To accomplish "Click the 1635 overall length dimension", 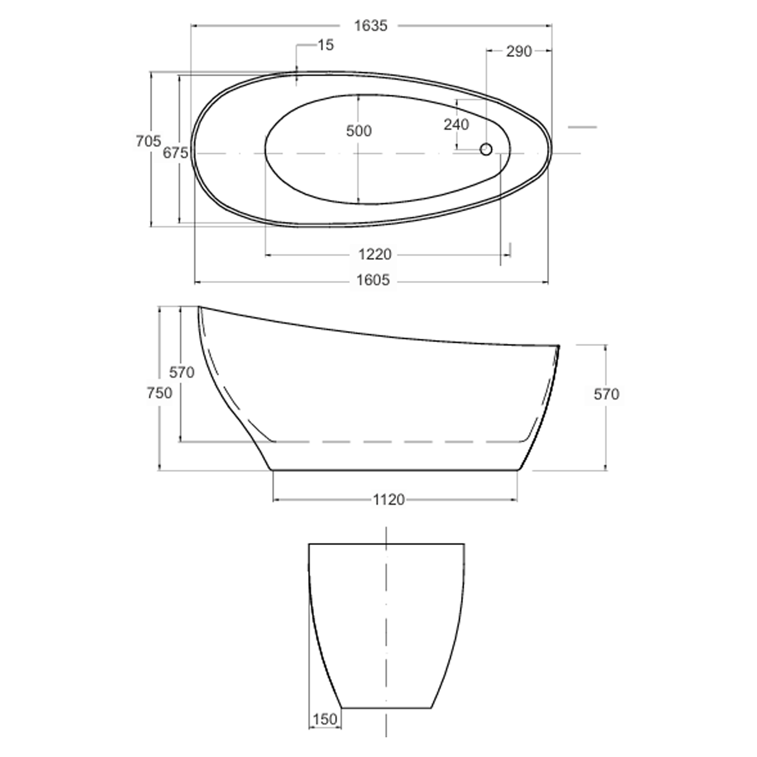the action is [x=371, y=26].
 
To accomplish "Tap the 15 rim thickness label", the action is [x=326, y=45].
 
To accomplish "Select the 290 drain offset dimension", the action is [x=519, y=51].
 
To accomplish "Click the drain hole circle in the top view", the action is [x=486, y=149].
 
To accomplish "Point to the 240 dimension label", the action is [x=456, y=125].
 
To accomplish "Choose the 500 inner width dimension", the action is [x=359, y=131].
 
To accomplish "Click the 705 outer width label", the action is [x=148, y=141].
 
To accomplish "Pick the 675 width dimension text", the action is [x=176, y=153].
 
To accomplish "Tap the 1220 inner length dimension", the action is [x=375, y=255].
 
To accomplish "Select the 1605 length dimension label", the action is [x=373, y=280].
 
